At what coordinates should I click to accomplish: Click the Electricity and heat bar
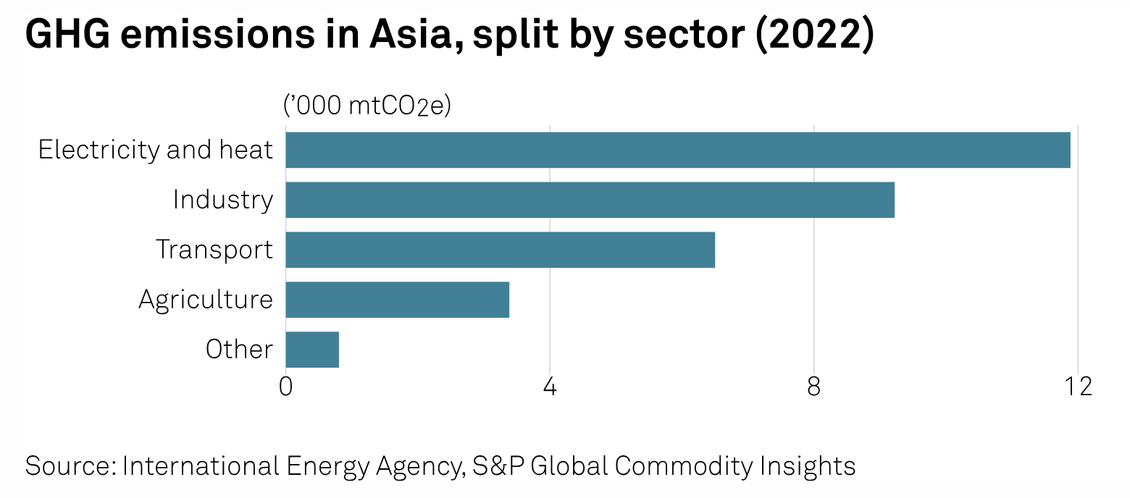coord(677,150)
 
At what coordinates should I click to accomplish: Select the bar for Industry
coord(590,200)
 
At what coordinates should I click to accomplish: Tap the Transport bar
coord(500,250)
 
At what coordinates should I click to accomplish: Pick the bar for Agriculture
coord(397,300)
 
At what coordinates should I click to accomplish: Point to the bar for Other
coord(312,350)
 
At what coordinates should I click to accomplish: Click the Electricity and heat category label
coord(156,150)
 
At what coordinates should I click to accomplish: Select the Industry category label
coord(222,200)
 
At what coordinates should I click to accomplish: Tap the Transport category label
coord(214,250)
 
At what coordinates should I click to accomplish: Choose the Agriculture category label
coord(206,300)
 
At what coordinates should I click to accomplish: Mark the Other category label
coord(239,350)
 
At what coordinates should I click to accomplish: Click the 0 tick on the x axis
coord(285,387)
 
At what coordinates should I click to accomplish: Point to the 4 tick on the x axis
coord(550,387)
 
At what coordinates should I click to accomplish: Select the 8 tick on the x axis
coord(814,387)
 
